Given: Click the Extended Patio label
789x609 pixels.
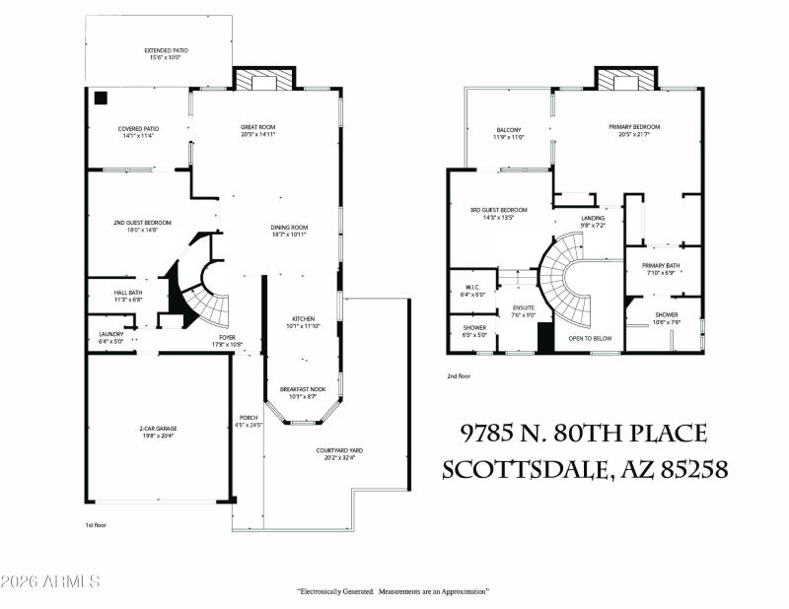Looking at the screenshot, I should click(166, 53).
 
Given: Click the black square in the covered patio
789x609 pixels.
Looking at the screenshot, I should click(100, 98).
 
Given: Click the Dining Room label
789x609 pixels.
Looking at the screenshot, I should click(289, 231).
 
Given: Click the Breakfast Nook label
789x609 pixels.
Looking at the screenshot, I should click(301, 392).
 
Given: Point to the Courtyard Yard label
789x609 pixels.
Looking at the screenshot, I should click(335, 453).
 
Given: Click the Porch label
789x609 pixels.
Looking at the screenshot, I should click(249, 421).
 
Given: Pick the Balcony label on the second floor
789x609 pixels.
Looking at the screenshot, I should click(508, 134).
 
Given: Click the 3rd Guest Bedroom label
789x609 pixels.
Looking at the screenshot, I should click(497, 213).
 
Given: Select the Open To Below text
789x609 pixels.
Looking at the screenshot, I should click(590, 338).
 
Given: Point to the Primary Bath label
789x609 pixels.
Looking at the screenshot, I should click(661, 268).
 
